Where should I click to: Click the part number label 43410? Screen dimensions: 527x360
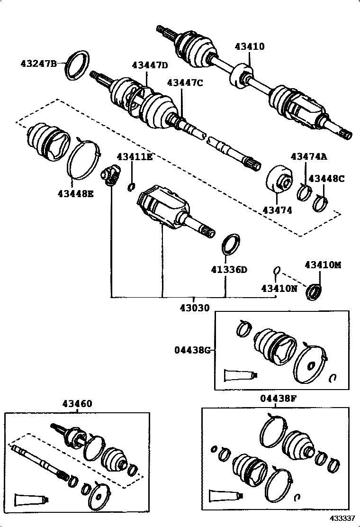point(250,46)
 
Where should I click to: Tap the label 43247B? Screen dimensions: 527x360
point(38,63)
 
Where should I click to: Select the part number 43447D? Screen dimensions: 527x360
point(150,65)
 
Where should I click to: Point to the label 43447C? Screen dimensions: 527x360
point(185,82)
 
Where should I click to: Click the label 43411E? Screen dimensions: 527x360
point(135,157)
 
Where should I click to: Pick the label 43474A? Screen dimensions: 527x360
point(309,157)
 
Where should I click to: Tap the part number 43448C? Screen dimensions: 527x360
point(326,179)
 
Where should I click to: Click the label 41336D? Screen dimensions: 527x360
point(229,270)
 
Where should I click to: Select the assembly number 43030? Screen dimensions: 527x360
point(194,308)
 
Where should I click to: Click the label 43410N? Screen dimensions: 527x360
point(279,288)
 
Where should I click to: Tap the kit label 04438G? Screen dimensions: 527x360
point(191,350)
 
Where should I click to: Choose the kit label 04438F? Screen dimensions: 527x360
point(278,399)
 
